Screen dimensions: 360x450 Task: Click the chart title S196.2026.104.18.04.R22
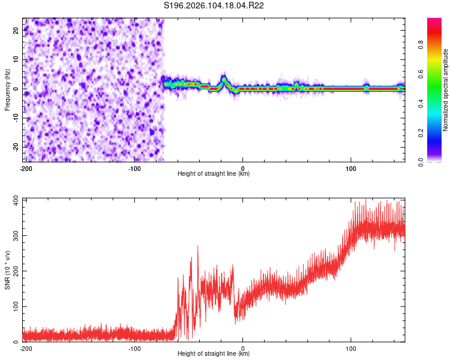click(214, 5)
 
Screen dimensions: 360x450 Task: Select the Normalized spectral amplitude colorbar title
click(445, 89)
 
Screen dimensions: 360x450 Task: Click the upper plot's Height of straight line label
click(214, 173)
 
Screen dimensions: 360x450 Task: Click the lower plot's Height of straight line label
click(214, 353)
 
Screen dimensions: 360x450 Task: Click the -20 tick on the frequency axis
click(16, 146)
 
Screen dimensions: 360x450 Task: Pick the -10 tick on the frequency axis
click(16, 118)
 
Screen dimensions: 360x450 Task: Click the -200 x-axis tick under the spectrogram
click(26, 167)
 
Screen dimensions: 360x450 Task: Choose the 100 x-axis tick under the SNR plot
click(351, 347)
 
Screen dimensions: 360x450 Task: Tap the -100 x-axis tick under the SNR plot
click(134, 347)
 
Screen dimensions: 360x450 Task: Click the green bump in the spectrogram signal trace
click(224, 80)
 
